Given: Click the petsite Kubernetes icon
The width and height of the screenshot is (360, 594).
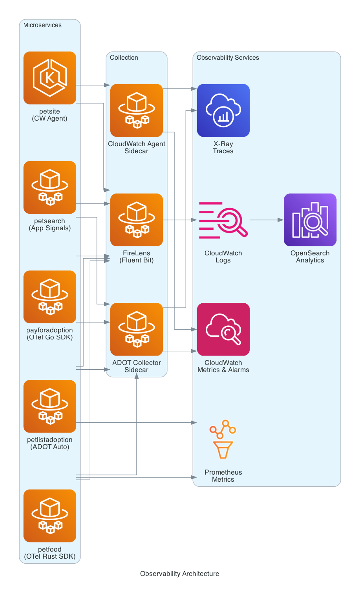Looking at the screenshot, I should tap(50, 78).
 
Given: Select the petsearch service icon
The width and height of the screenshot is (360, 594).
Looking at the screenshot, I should tap(50, 187).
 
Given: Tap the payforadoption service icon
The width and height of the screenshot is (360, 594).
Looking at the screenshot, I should tap(50, 297).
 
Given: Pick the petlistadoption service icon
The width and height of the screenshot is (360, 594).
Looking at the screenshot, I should tap(50, 406).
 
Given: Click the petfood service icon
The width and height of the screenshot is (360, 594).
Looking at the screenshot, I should tap(50, 515).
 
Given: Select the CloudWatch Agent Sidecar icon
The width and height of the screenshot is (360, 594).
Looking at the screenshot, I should tap(137, 110).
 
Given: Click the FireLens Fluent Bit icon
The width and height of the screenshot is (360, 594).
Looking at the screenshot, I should tap(137, 220).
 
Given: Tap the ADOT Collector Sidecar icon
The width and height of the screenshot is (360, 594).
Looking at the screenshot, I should tap(137, 329).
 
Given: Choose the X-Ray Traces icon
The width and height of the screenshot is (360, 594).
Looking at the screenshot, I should tap(223, 110).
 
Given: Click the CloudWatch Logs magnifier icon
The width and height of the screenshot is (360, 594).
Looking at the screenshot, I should tap(223, 220).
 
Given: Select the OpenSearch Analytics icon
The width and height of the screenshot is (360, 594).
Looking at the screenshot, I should tap(310, 220).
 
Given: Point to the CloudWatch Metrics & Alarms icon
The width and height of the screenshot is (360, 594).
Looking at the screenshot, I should tap(223, 329).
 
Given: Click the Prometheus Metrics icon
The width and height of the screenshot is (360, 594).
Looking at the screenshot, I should tap(223, 439).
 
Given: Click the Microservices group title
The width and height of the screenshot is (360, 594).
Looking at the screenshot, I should tap(42, 25).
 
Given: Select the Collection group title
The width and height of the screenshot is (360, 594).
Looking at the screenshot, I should tap(124, 58).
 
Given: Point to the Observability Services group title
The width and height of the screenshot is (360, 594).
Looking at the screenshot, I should tap(228, 58).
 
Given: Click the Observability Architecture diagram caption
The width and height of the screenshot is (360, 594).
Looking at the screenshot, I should tap(180, 574).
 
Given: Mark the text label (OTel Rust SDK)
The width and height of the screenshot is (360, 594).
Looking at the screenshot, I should tap(50, 556).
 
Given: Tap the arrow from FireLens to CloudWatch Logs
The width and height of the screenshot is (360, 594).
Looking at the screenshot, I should tap(179, 220).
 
